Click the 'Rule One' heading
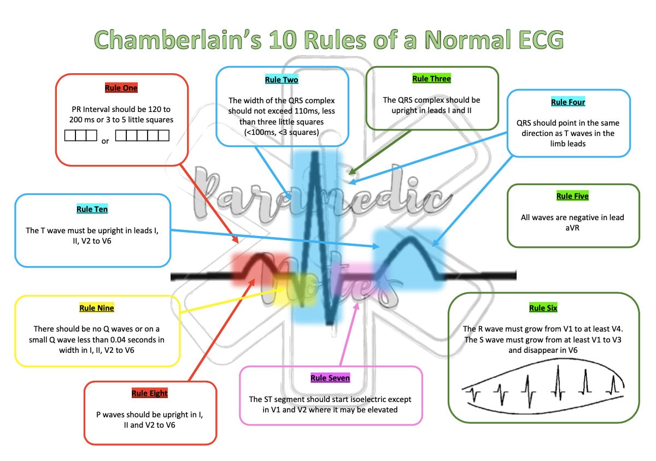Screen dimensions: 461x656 [121, 87]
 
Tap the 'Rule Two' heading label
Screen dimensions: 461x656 [282, 80]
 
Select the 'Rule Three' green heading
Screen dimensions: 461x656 [431, 79]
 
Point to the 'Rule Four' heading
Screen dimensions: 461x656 [567, 102]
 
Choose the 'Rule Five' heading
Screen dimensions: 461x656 [572, 196]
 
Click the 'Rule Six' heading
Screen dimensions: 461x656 [543, 308]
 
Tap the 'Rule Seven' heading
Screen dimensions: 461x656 [330, 378]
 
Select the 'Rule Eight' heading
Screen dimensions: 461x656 [149, 393]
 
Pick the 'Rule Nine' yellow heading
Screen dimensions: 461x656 [97, 308]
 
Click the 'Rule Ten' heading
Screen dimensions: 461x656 [92, 209]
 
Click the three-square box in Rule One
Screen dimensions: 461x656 [81, 135]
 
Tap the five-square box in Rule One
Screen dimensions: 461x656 [142, 135]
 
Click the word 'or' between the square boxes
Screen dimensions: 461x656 [106, 141]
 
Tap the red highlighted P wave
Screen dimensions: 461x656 [254, 268]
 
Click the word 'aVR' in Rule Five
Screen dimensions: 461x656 [572, 228]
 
